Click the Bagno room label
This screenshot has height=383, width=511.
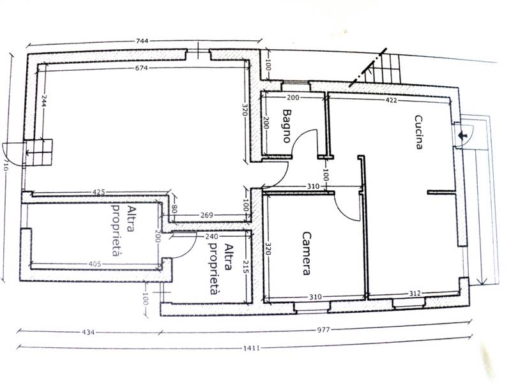click(x=286, y=126)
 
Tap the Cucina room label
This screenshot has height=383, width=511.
click(x=419, y=132)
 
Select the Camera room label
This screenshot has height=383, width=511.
click(x=307, y=253)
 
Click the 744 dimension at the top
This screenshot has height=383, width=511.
click(x=142, y=41)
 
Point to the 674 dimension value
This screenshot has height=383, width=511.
click(x=142, y=68)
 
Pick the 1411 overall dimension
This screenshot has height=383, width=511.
click(x=252, y=348)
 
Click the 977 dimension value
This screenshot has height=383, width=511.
click(x=324, y=329)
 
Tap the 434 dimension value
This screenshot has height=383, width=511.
click(x=88, y=332)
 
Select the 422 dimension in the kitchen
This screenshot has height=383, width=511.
click(x=391, y=100)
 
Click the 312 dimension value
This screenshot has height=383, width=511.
click(x=415, y=294)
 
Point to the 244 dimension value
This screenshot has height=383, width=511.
click(x=45, y=101)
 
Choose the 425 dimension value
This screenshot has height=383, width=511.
click(x=99, y=192)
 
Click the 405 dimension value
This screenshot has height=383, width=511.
click(x=95, y=264)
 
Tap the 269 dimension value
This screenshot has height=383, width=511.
click(x=206, y=215)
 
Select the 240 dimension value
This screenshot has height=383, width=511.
click(x=212, y=236)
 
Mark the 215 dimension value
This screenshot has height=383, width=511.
click(x=246, y=267)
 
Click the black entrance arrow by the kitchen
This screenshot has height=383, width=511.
click(x=462, y=135)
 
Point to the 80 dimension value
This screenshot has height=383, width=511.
click(x=174, y=209)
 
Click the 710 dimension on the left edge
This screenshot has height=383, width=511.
click(x=4, y=167)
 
